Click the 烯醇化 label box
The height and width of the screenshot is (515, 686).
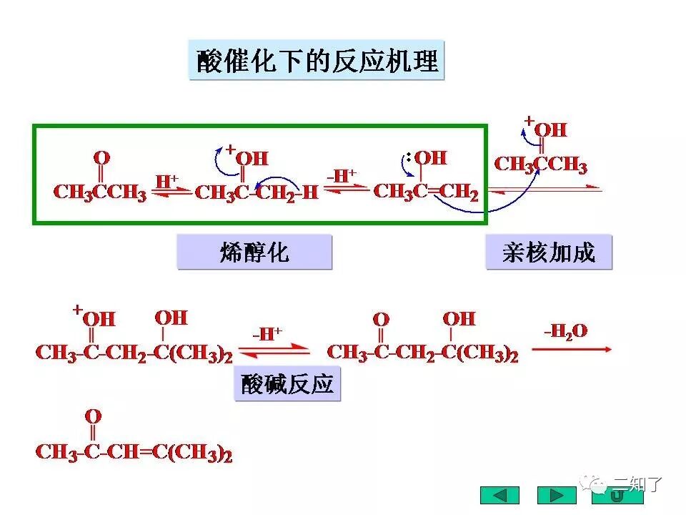tap(254, 252)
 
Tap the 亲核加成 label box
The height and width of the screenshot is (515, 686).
tap(549, 252)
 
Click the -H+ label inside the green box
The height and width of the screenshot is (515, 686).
tap(342, 175)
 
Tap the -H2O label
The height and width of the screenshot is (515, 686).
tap(566, 330)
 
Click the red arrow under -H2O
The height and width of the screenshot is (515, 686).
tap(571, 349)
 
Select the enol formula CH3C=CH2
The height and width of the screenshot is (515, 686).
tap(426, 192)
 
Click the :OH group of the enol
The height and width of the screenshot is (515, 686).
tap(426, 157)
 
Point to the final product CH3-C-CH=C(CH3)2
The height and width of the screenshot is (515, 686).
tap(134, 453)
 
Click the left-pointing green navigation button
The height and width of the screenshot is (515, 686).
tap(499, 495)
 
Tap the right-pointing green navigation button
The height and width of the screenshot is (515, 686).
tap(556, 495)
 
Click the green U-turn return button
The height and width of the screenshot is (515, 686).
tap(615, 495)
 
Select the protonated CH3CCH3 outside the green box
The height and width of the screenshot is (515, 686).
tap(541, 165)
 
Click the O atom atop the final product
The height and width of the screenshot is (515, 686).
tap(93, 416)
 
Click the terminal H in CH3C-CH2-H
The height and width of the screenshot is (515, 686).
tap(310, 193)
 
